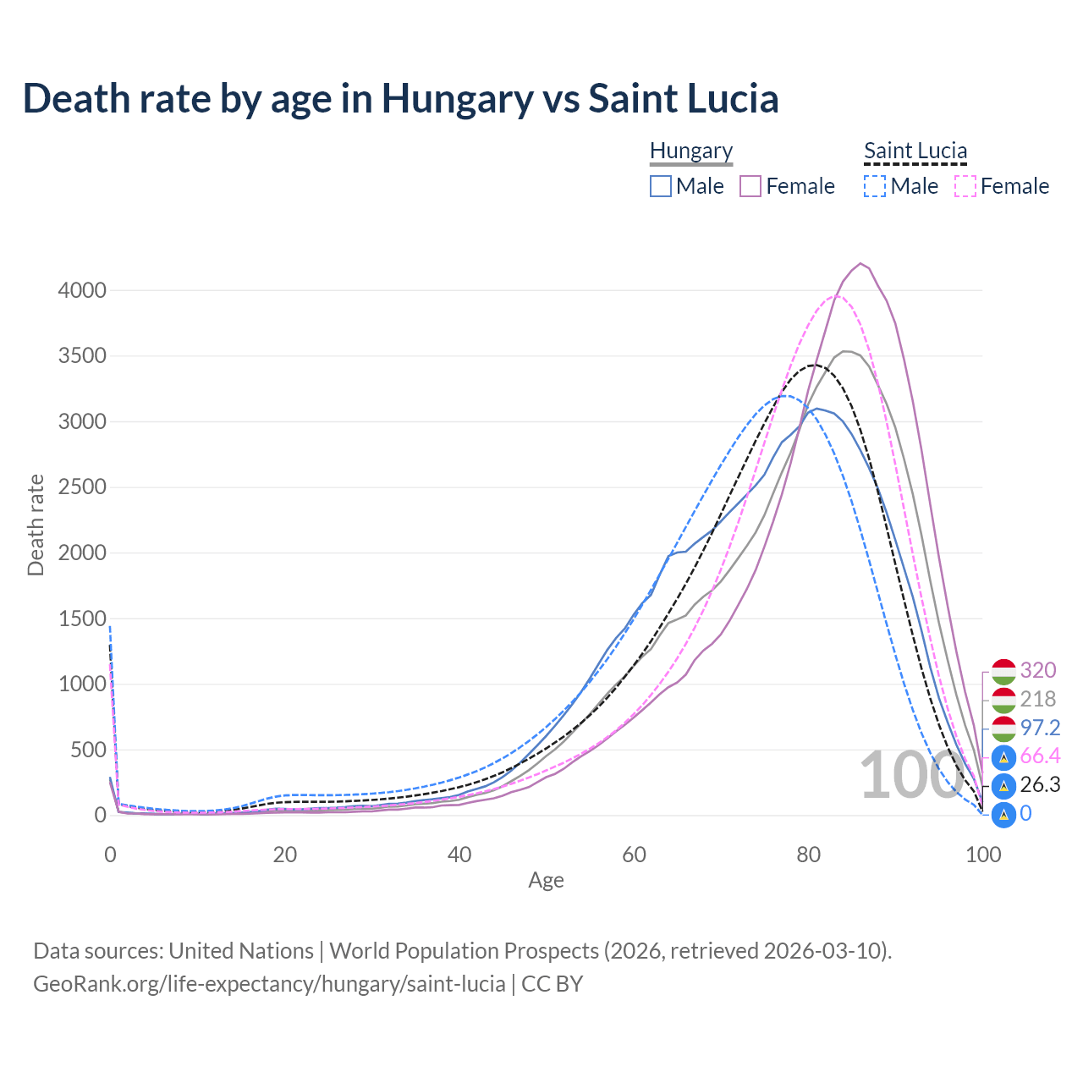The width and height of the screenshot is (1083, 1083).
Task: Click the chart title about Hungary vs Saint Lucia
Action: [400, 98]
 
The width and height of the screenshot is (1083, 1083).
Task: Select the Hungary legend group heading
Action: [691, 151]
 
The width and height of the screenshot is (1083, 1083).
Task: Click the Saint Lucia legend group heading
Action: [915, 151]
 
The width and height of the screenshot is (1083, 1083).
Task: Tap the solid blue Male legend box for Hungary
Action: [661, 186]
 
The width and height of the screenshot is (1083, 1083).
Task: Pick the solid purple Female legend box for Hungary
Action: [751, 186]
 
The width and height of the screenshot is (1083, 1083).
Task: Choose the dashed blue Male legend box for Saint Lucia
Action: [875, 186]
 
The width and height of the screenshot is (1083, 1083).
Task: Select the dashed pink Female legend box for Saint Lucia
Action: [965, 186]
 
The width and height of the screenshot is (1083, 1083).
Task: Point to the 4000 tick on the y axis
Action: [82, 290]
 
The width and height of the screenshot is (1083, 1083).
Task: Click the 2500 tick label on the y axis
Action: [82, 487]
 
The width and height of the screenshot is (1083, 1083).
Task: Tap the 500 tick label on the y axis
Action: [88, 750]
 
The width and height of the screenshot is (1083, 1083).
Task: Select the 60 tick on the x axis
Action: [634, 855]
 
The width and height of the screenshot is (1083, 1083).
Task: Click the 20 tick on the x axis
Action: [285, 855]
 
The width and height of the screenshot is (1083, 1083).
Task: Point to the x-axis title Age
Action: [546, 881]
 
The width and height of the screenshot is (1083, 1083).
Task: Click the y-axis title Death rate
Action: [36, 525]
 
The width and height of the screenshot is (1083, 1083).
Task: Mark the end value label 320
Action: [1038, 670]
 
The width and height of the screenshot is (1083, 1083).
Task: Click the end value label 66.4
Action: [1040, 756]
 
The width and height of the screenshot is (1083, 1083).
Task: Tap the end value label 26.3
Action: [1040, 784]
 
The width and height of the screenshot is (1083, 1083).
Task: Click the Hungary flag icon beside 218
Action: [1003, 700]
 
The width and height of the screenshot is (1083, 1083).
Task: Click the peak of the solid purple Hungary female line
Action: [860, 263]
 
